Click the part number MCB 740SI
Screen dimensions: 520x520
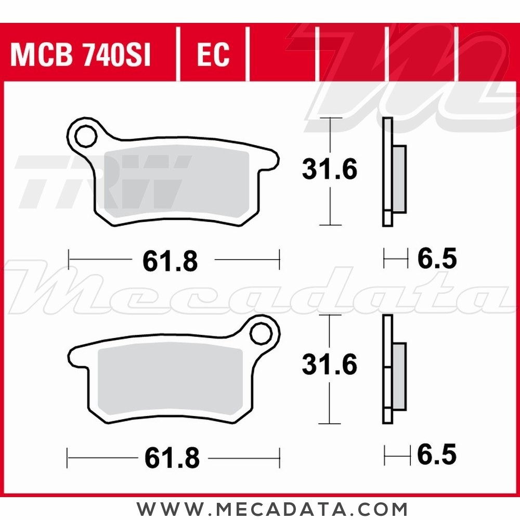(81, 55)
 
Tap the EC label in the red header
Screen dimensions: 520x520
(213, 55)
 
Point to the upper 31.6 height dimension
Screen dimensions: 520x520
(330, 170)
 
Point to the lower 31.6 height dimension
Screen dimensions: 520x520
(330, 366)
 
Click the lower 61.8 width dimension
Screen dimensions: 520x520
(172, 458)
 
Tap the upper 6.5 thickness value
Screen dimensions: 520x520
(437, 259)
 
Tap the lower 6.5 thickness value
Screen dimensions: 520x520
(437, 455)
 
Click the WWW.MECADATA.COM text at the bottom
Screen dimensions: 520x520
(272, 508)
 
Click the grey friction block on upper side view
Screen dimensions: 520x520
(399, 179)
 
